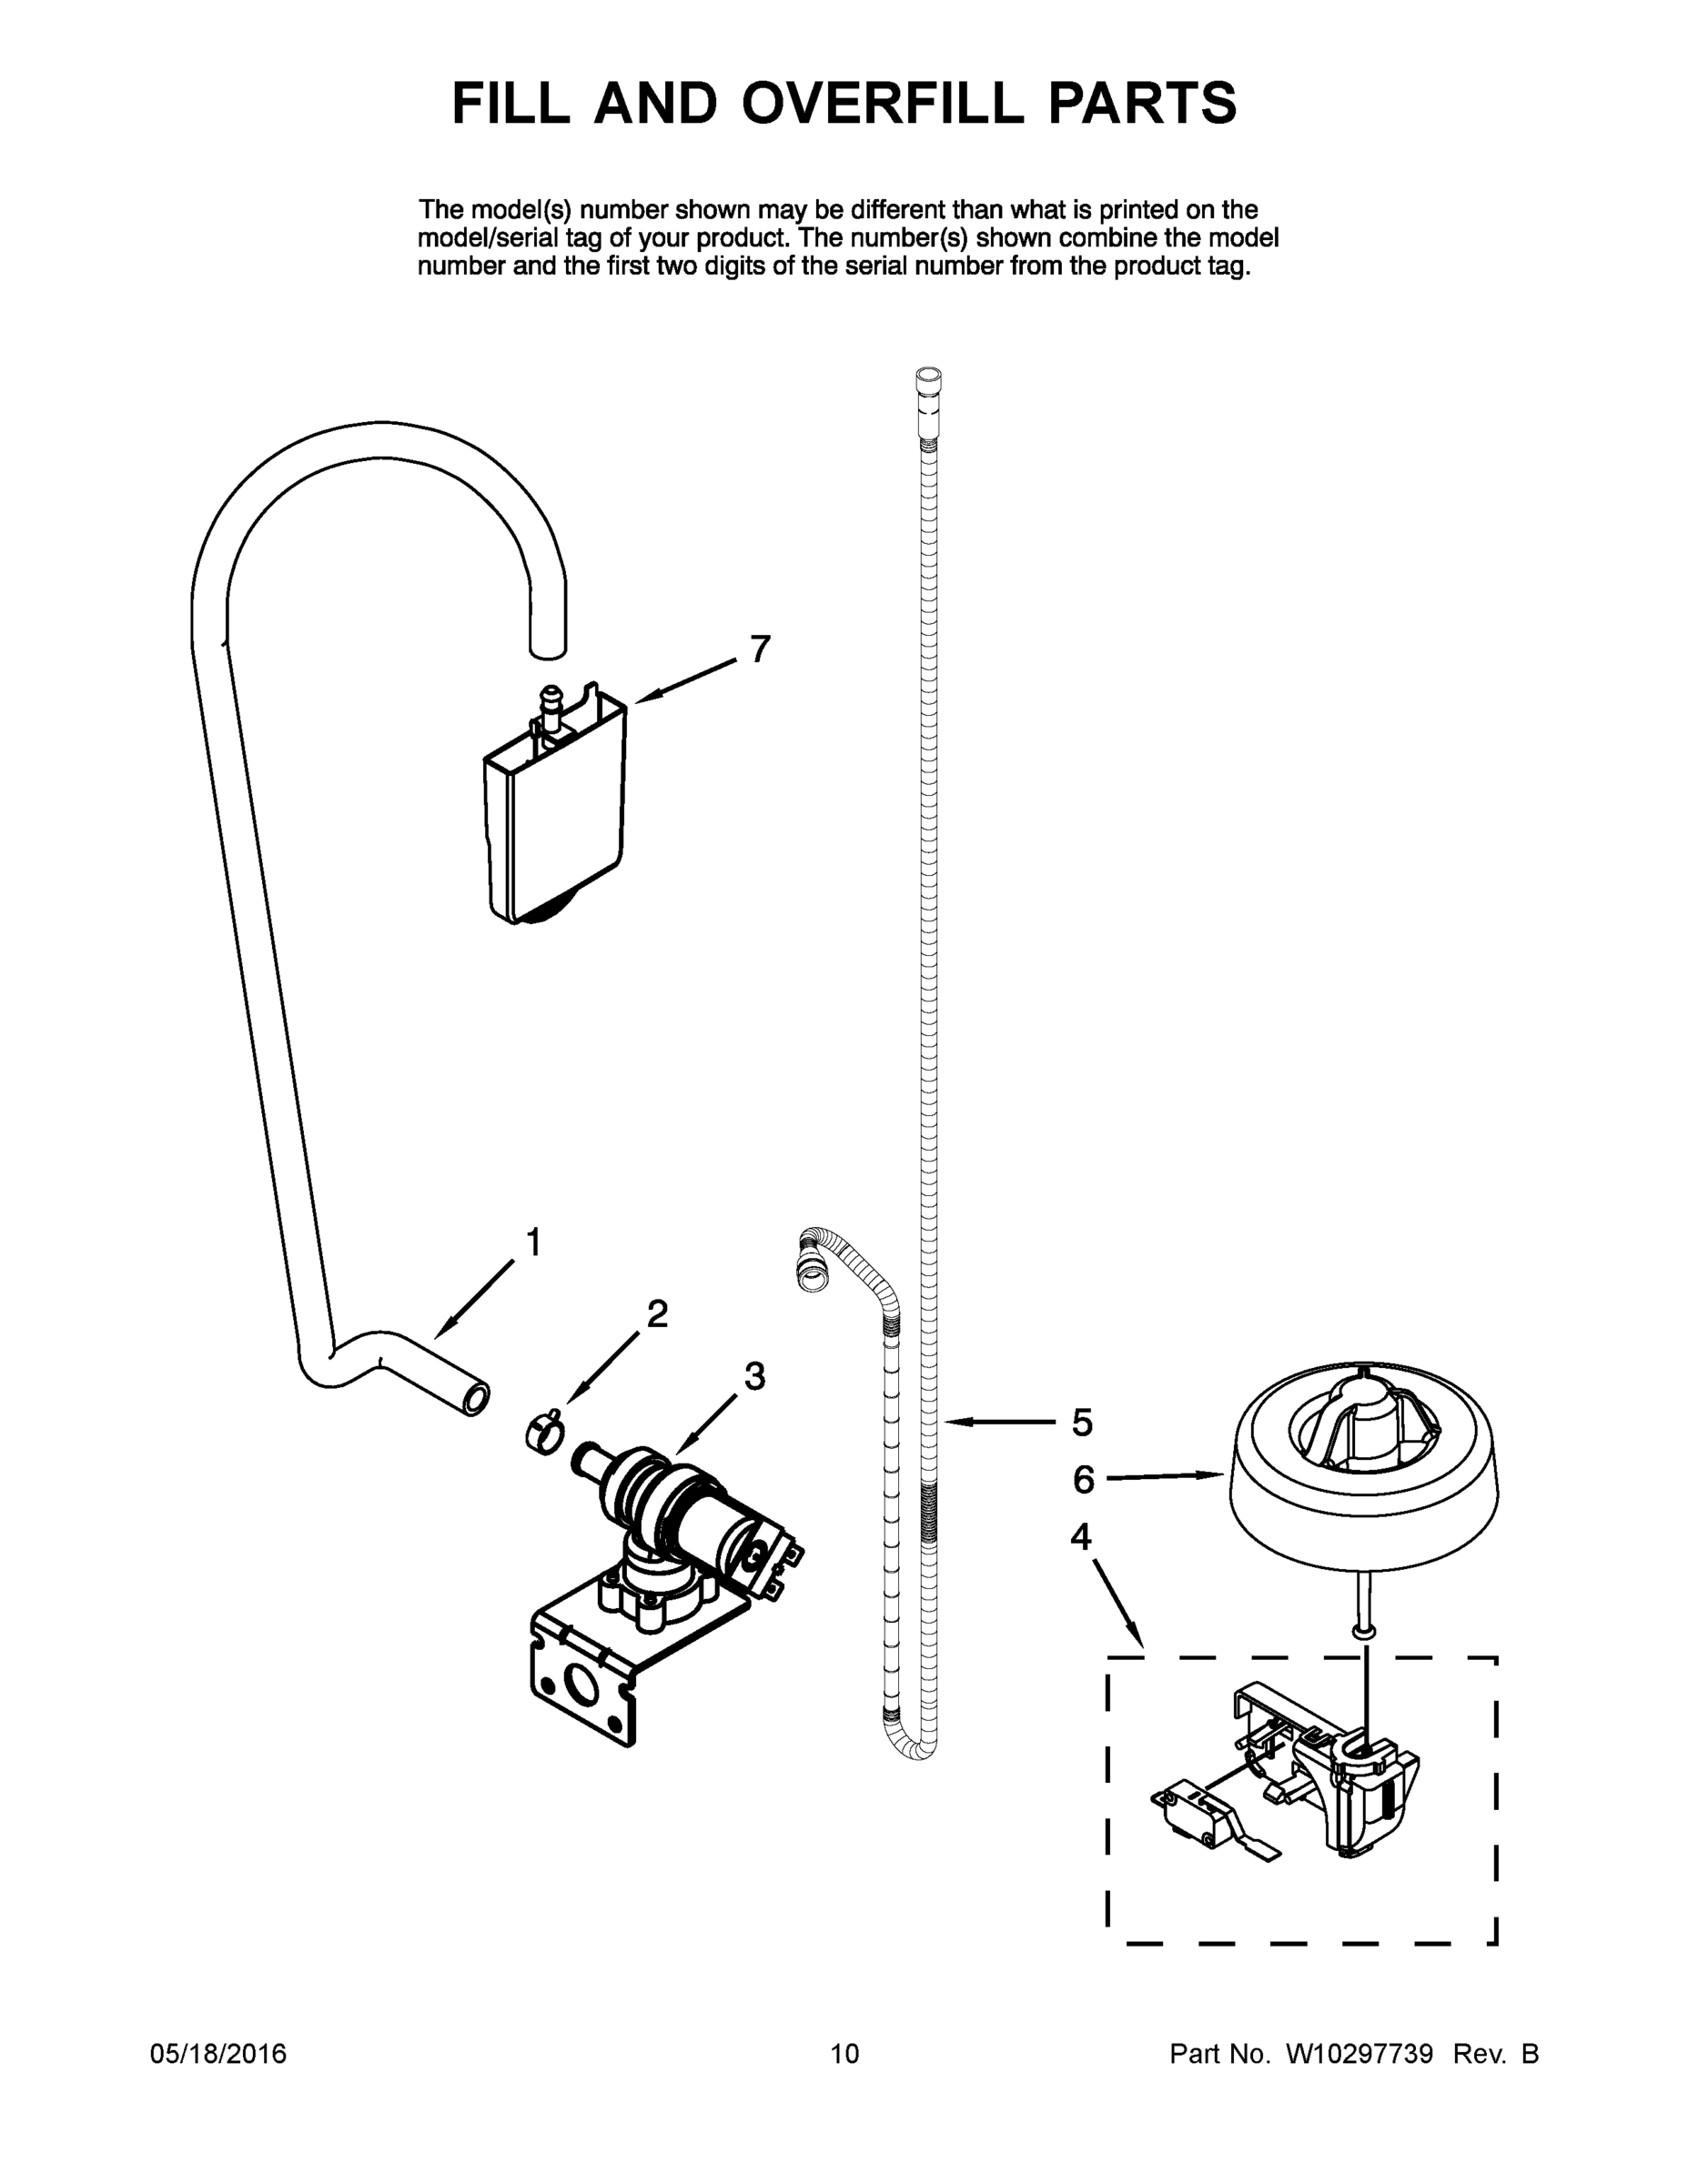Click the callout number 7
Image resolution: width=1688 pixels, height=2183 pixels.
pyautogui.click(x=760, y=649)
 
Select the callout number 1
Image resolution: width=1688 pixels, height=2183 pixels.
pyautogui.click(x=533, y=1242)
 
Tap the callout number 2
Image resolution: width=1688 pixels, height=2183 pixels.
pyautogui.click(x=657, y=1313)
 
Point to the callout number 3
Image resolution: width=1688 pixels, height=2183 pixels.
pyautogui.click(x=754, y=1376)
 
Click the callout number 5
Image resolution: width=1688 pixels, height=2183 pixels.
pyautogui.click(x=1082, y=1423)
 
